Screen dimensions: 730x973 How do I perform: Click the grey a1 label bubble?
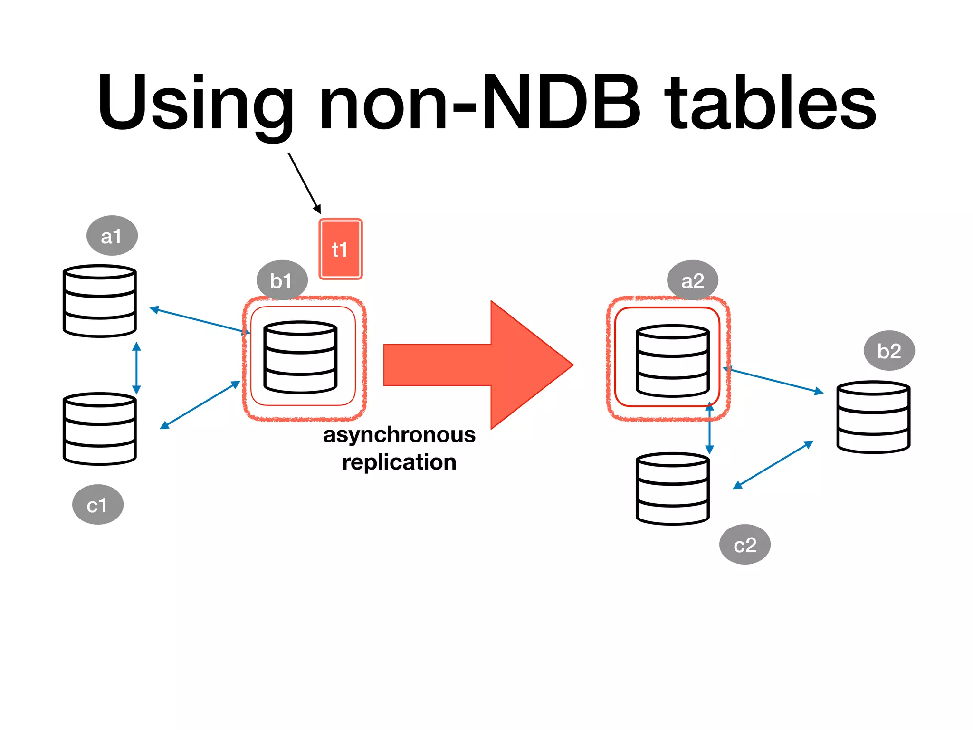[x=112, y=236]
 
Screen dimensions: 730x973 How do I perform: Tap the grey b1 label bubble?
[x=282, y=280]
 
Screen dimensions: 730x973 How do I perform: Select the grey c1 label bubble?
[x=98, y=505]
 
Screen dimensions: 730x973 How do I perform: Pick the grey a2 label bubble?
[x=692, y=280]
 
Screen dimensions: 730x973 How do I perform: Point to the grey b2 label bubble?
[x=889, y=351]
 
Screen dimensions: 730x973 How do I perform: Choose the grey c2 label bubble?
[x=744, y=545]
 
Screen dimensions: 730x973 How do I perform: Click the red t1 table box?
[x=340, y=249]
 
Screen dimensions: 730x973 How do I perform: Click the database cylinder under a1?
[x=100, y=301]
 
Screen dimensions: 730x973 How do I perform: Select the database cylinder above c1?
[x=100, y=429]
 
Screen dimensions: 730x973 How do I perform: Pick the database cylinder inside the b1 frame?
[x=300, y=357]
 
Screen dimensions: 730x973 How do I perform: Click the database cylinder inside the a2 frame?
[x=672, y=361]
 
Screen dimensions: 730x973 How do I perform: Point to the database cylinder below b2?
[x=873, y=417]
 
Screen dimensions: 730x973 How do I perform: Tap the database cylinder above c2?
[x=672, y=489]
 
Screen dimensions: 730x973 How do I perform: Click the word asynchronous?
[x=399, y=435]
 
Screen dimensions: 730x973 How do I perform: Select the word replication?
[x=399, y=462]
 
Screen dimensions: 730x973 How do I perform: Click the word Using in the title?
[x=195, y=102]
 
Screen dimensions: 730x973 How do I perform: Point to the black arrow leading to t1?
[x=304, y=183]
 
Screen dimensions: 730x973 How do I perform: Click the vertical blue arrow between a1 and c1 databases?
[x=136, y=368]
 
